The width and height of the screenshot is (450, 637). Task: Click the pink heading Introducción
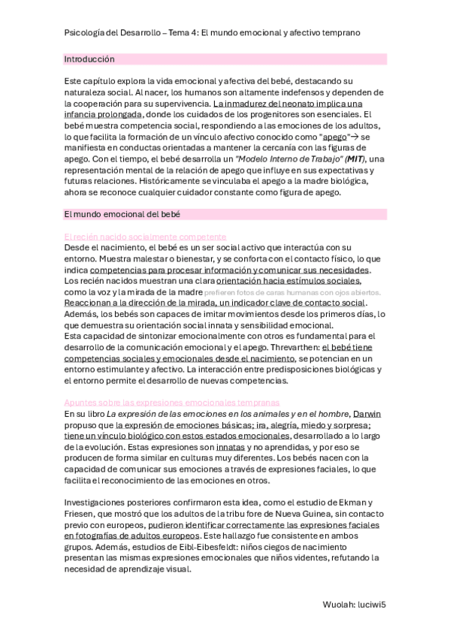point(89,59)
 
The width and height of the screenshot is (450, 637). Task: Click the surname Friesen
point(80,513)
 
